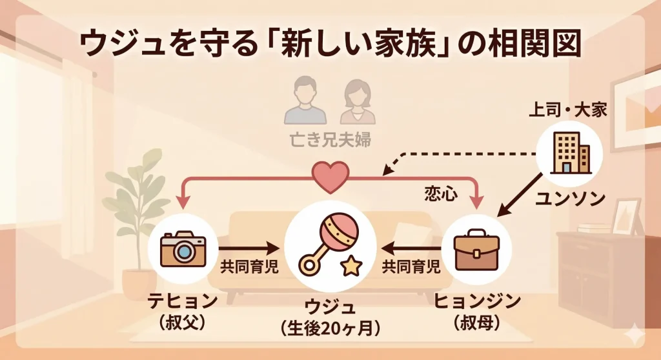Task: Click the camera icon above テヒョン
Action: [183, 250]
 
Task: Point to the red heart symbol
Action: [330, 175]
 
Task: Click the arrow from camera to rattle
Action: [248, 248]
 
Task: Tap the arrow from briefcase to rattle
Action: [411, 248]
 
